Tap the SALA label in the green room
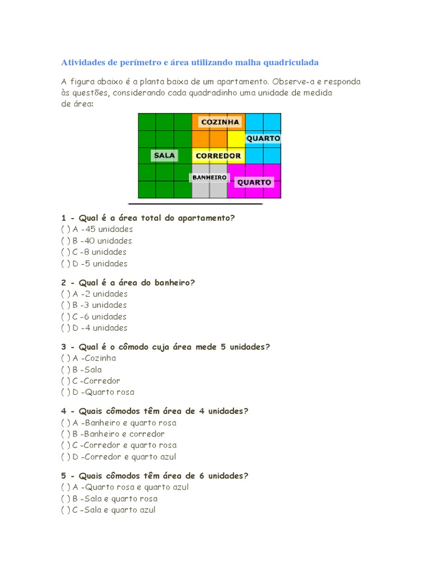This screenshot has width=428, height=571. (x=164, y=156)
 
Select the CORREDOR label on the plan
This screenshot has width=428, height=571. (x=218, y=156)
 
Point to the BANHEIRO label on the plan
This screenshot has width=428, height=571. (x=210, y=177)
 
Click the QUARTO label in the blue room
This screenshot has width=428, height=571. (x=263, y=138)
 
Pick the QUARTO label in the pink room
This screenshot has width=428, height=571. (x=254, y=182)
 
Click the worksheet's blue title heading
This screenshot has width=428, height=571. (x=189, y=62)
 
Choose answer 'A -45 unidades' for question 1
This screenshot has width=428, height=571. (x=97, y=229)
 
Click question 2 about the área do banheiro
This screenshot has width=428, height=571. (x=128, y=283)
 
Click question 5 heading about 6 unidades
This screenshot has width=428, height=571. (x=154, y=476)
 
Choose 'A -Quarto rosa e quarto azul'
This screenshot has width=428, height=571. (x=125, y=487)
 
